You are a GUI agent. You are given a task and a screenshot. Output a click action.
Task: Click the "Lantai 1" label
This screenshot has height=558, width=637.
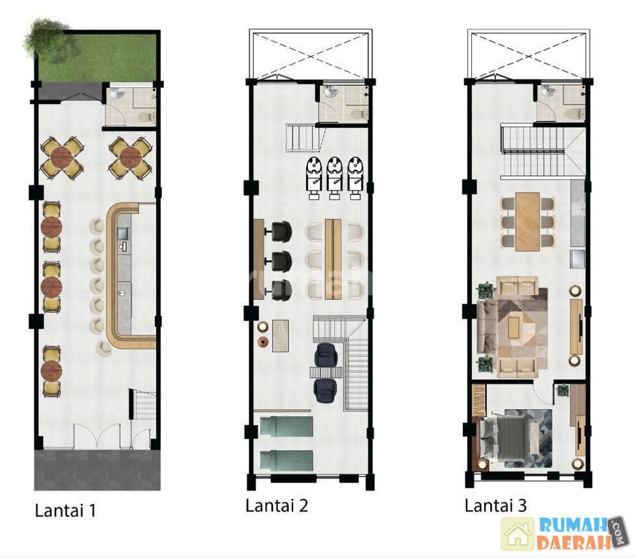pyautogui.click(x=66, y=511)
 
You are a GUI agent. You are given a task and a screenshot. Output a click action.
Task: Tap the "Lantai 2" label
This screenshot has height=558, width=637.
pyautogui.click(x=277, y=505)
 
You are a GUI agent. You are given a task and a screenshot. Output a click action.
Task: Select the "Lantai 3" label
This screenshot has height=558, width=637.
pyautogui.click(x=495, y=505)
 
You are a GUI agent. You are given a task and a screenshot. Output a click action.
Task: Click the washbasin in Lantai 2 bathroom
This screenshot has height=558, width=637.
pyautogui.click(x=330, y=92)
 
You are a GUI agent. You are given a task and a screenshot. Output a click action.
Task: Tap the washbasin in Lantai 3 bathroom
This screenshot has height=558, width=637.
pyautogui.click(x=547, y=91)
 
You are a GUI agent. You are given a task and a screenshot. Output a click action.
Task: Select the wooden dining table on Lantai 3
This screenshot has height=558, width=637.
pyautogui.click(x=527, y=222)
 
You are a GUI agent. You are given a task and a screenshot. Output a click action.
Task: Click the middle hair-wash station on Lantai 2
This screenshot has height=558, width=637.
pyautogui.click(x=334, y=178)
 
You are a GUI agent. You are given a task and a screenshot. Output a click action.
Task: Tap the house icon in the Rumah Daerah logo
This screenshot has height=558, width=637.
pyautogui.click(x=517, y=534)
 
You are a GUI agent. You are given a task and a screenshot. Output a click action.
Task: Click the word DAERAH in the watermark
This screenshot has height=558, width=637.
pyautogui.click(x=573, y=542)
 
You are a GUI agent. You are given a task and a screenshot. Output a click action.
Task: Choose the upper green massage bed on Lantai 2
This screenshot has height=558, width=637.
pyautogui.click(x=286, y=427)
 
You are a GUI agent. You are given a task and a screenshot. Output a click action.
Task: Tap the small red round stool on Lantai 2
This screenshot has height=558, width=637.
pyautogui.click(x=263, y=342)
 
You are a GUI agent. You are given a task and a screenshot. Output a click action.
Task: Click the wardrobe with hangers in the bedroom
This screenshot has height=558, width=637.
pyautogui.click(x=479, y=400)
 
